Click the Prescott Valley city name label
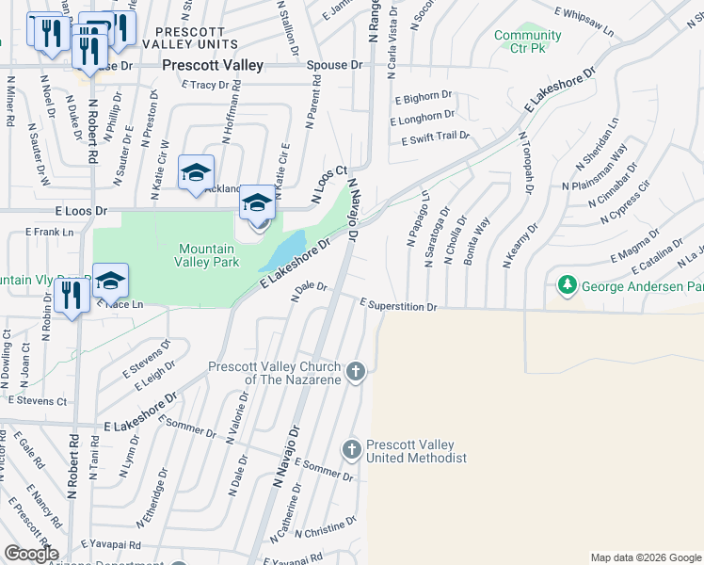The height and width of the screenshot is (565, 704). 212,66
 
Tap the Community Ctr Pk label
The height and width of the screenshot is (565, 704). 528,41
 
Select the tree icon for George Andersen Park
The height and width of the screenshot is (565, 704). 568,283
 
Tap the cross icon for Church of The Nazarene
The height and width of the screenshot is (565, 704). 355,371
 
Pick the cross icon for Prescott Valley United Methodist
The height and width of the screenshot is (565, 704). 351,449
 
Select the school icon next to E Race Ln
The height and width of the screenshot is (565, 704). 110,282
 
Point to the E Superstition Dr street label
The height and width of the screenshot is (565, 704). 399,306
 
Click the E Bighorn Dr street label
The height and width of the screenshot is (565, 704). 424,97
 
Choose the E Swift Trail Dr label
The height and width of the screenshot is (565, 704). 435,137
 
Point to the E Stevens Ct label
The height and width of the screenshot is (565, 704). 38,400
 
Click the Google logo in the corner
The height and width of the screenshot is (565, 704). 30,554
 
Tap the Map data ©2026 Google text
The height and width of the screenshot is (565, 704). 645,557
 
